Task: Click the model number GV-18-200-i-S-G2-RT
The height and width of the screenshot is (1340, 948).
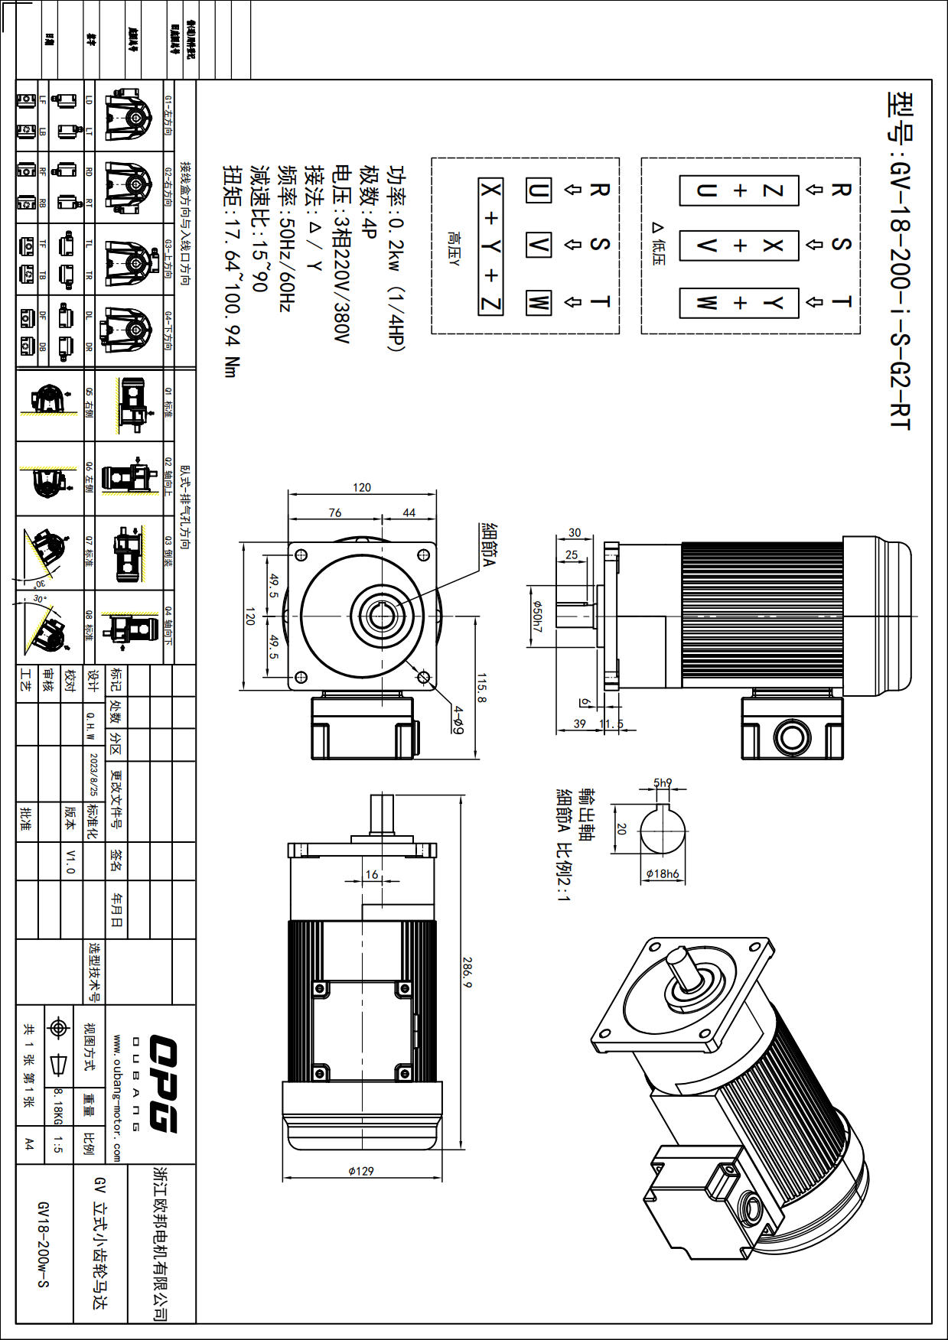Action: point(900,260)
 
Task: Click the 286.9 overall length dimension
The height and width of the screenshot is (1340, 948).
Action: point(467,971)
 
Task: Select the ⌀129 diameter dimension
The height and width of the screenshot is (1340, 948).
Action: point(361,1171)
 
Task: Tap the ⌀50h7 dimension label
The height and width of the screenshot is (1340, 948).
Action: point(537,616)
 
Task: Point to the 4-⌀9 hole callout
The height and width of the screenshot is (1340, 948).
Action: point(458,720)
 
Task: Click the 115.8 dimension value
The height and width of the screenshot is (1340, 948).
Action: point(481,688)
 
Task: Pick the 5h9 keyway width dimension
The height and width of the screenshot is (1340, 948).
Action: point(663,782)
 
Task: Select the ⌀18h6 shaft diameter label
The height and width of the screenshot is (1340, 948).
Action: point(663,874)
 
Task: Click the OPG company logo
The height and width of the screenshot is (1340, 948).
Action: point(162,1083)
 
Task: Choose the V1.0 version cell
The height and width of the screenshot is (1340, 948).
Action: point(70,861)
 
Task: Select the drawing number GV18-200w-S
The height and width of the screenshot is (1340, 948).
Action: point(43,1244)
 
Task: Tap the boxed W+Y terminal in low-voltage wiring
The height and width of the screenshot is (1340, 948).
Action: point(739,304)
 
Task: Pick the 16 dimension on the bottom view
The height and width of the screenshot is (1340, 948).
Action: point(372,874)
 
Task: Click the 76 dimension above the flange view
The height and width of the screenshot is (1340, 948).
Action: point(335,512)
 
